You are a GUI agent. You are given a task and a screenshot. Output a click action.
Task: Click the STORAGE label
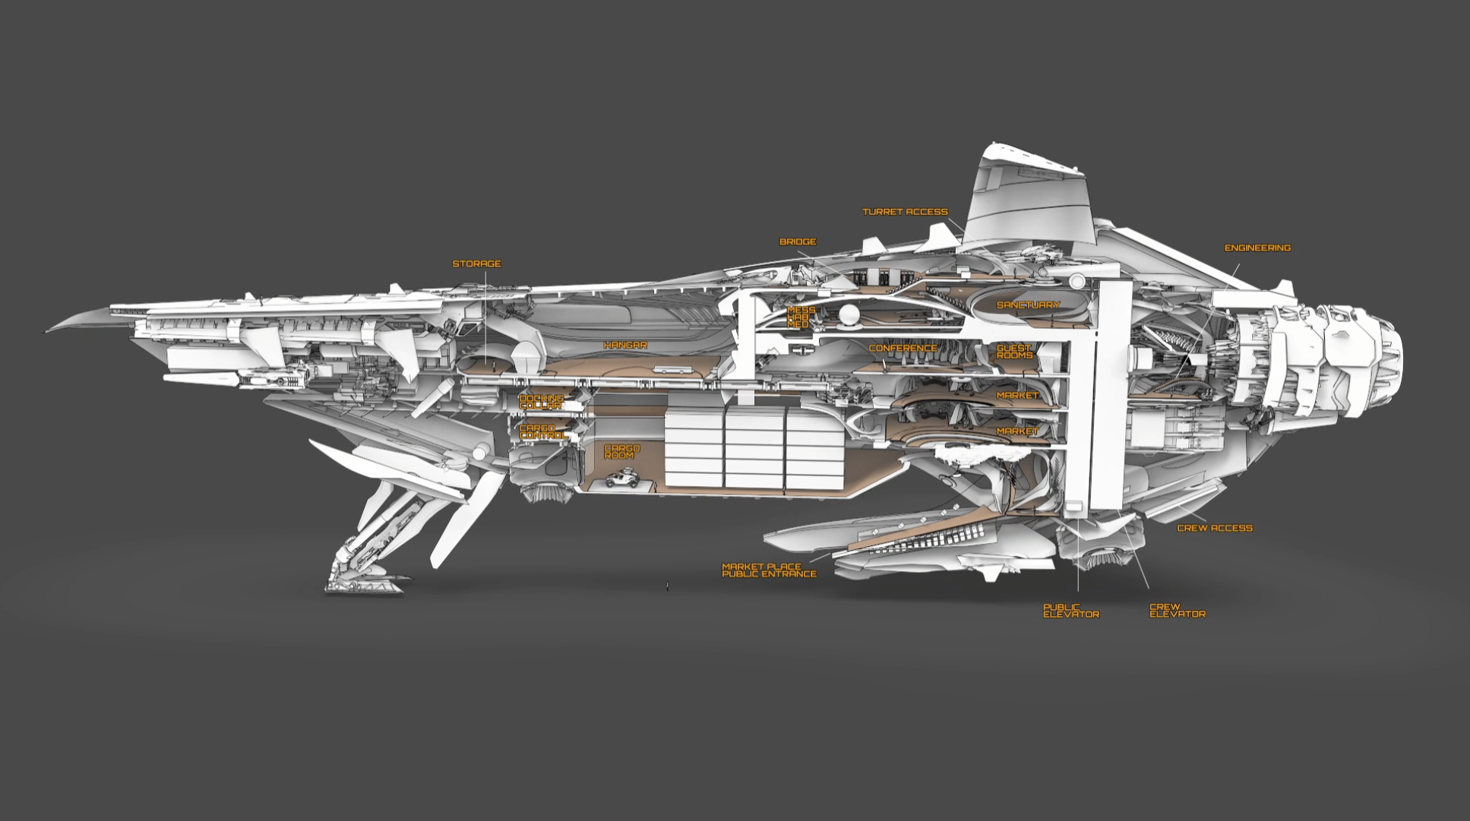coord(476,264)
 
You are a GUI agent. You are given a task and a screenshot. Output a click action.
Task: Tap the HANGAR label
coord(625,346)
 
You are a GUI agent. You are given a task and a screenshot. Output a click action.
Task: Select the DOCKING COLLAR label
coord(541,402)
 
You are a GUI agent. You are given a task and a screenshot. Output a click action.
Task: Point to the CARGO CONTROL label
coord(542,432)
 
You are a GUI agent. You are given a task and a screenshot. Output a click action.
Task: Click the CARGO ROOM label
coord(621,452)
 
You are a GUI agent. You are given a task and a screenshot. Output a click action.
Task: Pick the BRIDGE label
coord(798,242)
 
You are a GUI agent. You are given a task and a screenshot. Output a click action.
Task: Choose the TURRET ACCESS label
coord(905,212)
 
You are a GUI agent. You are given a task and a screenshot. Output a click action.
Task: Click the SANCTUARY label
coord(1028,305)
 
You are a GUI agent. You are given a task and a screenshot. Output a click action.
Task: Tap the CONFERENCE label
coord(903,349)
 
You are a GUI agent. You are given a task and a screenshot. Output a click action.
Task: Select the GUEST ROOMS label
coord(1014,352)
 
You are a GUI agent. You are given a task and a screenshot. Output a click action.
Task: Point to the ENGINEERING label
coord(1257,248)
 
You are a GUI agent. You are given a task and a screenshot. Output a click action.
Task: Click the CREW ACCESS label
coord(1214,528)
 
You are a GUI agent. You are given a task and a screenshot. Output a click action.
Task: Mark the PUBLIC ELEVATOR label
coord(1070,611)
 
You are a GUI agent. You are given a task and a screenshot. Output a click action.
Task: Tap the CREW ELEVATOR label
coord(1177,611)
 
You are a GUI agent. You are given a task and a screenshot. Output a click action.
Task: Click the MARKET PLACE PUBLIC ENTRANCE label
coord(769,570)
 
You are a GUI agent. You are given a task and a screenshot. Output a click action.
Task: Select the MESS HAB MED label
coord(800,317)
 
